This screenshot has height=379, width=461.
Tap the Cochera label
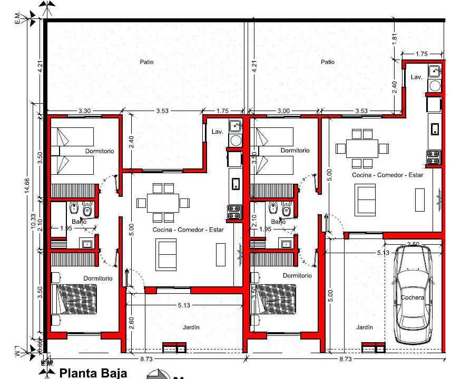point(412,297)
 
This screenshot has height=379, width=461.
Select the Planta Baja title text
point(93,373)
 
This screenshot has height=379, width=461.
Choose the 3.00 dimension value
point(283,111)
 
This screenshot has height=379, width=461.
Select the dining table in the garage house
point(361,148)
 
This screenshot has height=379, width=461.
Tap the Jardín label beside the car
point(364,327)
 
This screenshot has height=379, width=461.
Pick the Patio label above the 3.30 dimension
point(146,62)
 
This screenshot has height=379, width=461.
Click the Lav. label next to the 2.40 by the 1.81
point(417,77)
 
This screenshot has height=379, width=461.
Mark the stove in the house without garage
point(233,212)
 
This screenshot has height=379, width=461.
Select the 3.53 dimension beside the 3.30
point(163,111)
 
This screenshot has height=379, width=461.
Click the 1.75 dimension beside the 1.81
point(421,54)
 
